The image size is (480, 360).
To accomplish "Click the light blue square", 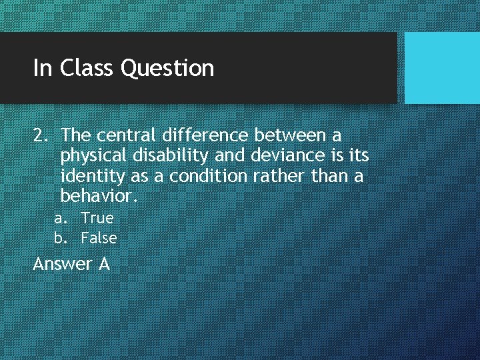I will (x=442, y=68).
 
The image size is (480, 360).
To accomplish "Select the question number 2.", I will (x=39, y=136).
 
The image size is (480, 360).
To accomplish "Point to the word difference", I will (x=204, y=136).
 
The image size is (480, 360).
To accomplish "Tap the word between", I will (x=289, y=136).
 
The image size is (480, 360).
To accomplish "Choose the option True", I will (x=97, y=218).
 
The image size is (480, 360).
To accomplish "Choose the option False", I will (x=99, y=238).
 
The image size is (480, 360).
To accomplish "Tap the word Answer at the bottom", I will (x=63, y=265).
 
